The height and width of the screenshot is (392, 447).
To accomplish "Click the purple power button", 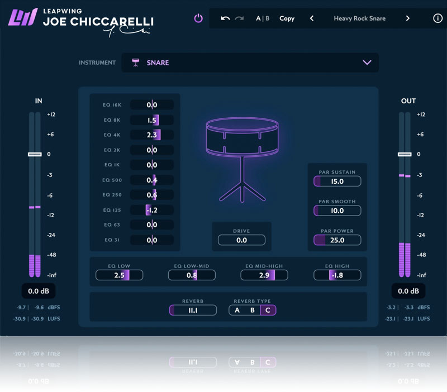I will (x=198, y=18).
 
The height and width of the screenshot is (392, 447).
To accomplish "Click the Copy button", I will (x=287, y=18).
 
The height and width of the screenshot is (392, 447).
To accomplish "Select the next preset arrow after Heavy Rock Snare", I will (x=408, y=18).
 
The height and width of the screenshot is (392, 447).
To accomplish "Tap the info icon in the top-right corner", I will (x=438, y=18).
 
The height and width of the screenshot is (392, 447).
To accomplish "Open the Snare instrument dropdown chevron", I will (x=367, y=63).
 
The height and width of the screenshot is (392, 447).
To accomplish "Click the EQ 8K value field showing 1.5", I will (x=152, y=120).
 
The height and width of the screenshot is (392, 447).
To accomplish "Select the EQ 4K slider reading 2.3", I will (x=152, y=135).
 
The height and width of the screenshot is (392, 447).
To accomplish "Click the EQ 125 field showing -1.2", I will (x=152, y=210).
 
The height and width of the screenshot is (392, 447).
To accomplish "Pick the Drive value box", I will (x=241, y=240).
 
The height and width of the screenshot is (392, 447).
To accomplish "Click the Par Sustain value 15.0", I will (x=337, y=181).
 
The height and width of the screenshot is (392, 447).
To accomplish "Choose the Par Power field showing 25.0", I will (x=337, y=240).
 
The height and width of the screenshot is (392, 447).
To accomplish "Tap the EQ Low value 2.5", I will (x=120, y=275).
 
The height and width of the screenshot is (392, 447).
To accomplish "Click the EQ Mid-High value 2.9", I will (x=265, y=275).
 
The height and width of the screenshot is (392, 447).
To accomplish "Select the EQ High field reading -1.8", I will (x=337, y=275).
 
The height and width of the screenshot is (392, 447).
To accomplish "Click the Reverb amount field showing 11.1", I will (x=193, y=310).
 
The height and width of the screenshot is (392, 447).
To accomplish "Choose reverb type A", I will (x=237, y=310).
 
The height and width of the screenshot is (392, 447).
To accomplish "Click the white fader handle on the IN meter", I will (x=35, y=154).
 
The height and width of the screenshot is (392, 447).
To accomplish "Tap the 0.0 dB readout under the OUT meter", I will (x=408, y=291).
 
